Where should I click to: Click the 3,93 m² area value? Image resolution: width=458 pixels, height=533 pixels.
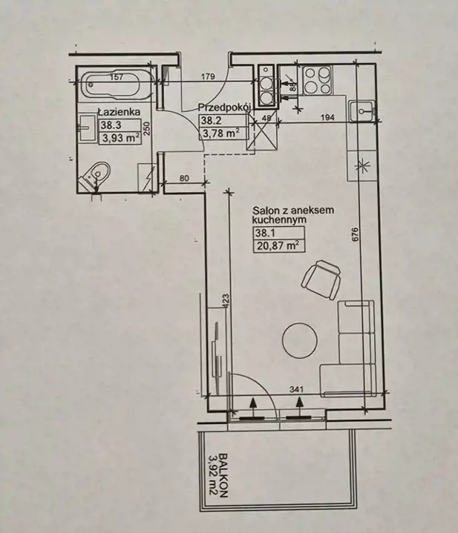120,139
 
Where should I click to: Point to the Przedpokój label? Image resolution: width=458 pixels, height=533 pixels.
225,107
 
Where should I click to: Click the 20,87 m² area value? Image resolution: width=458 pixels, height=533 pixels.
278,245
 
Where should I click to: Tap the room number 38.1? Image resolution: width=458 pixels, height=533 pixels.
265,234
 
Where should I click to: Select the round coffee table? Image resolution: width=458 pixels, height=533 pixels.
300,340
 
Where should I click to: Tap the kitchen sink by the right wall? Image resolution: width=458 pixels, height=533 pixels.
362,110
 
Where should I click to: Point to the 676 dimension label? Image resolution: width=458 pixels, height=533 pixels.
354,234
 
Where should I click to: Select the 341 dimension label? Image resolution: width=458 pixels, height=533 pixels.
296,389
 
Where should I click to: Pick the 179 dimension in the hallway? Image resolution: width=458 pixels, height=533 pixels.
208,76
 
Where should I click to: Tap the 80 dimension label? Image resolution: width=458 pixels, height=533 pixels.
184,178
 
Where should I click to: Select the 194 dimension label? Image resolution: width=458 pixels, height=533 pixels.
327,117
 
